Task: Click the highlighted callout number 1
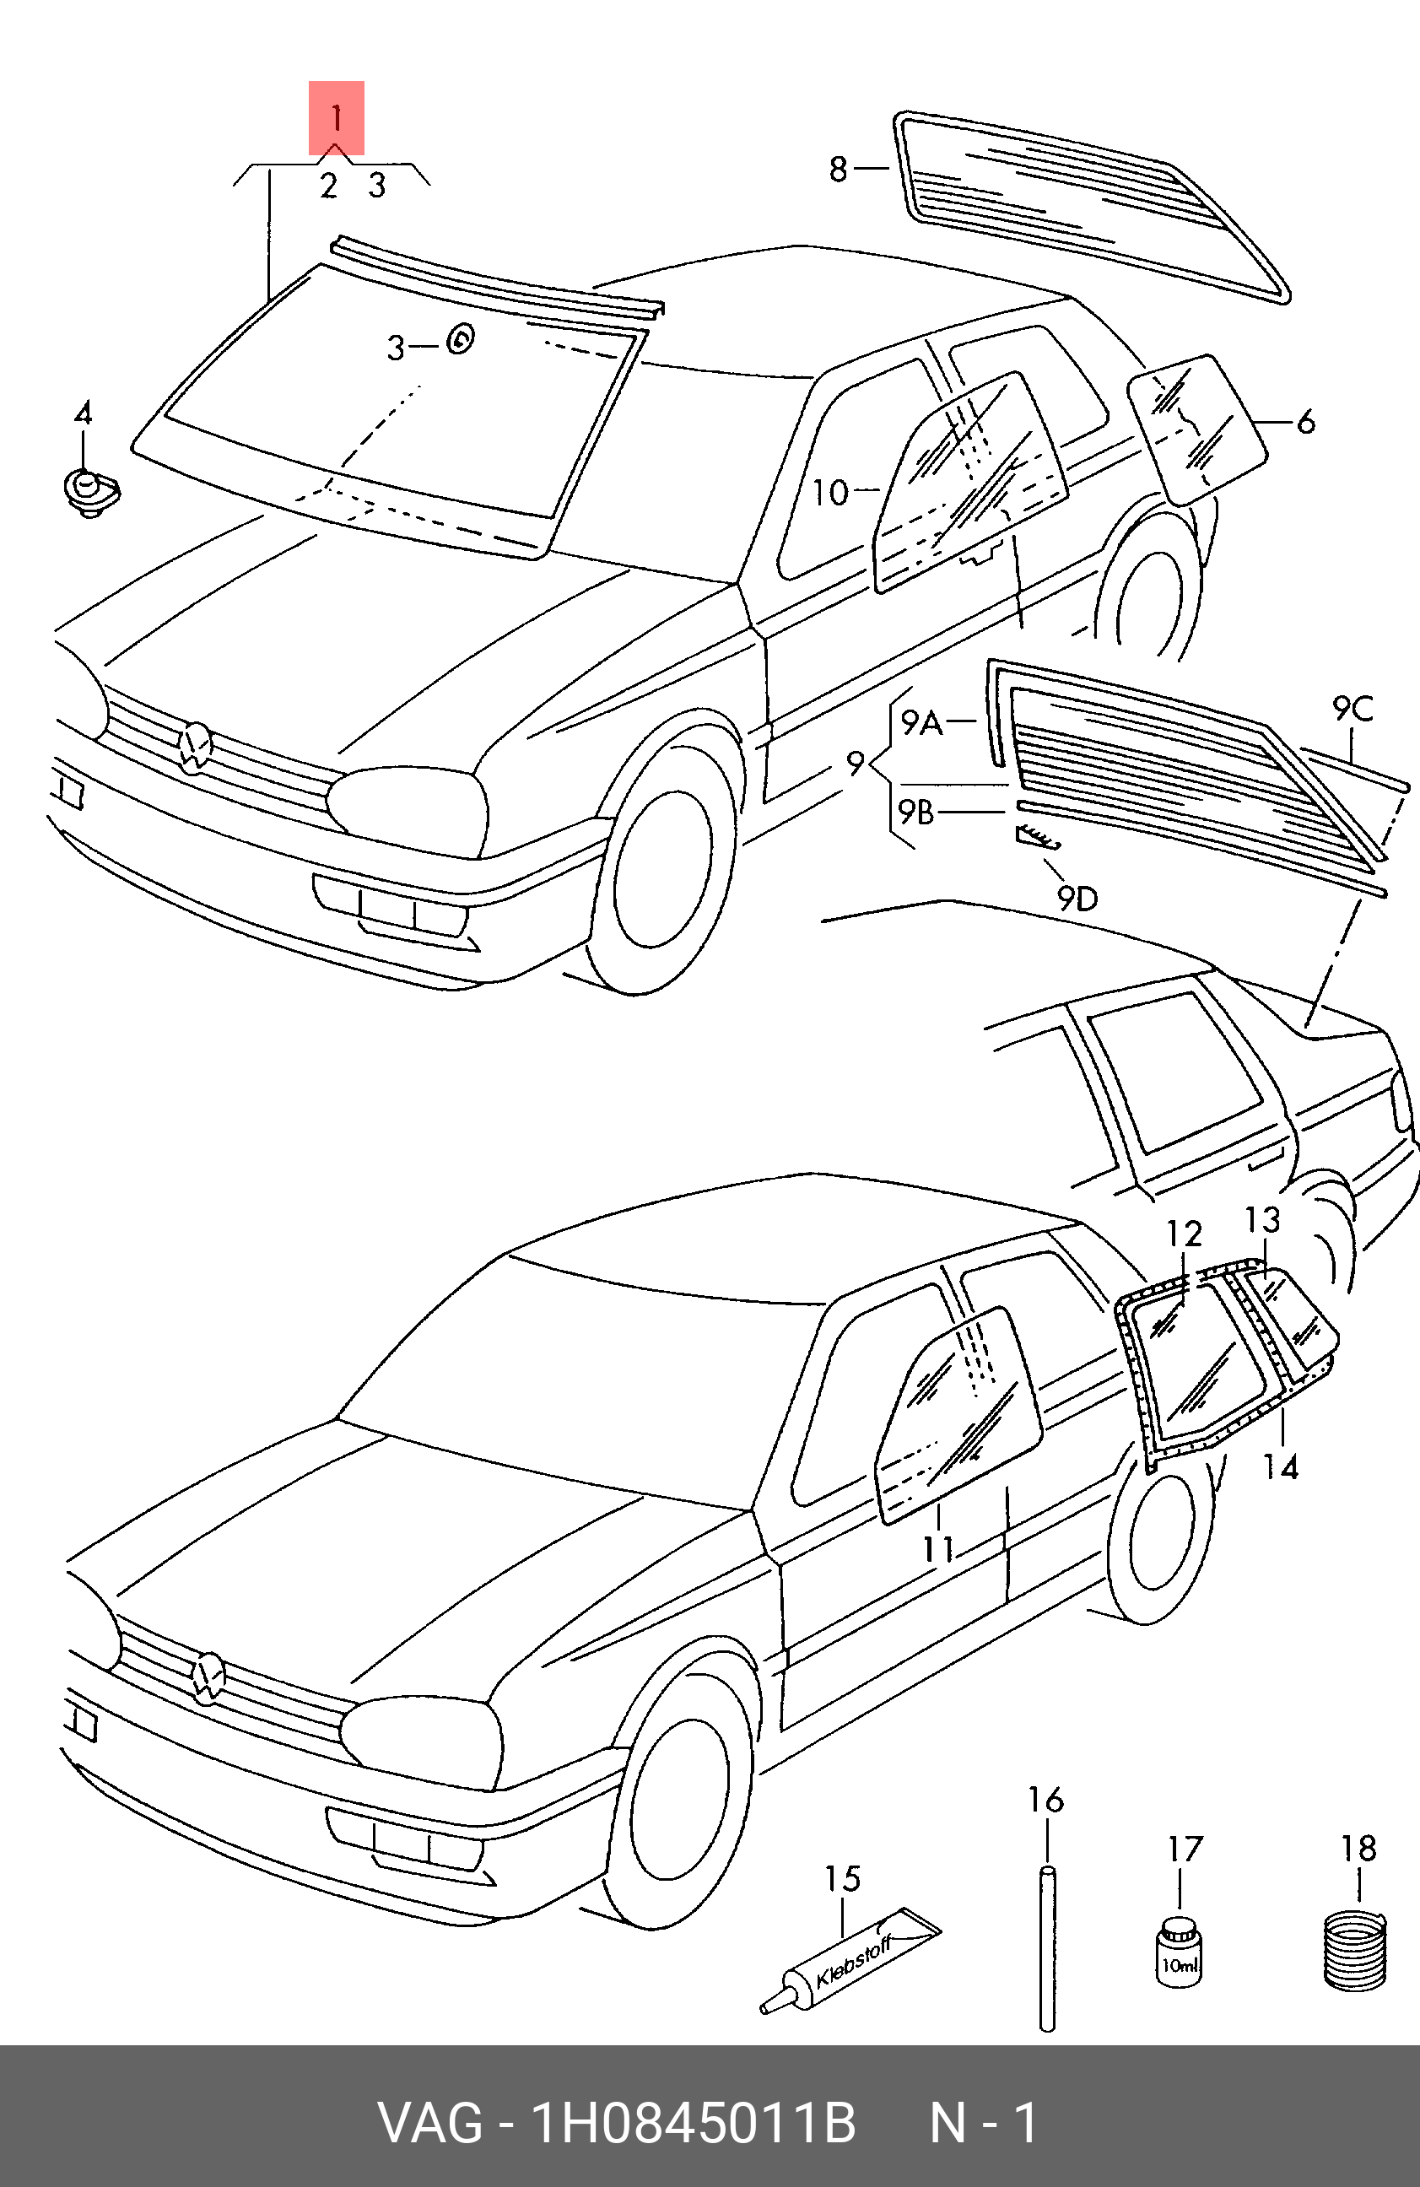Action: pos(336,117)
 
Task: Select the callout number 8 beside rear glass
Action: pos(837,169)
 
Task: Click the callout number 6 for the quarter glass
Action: pos(1306,422)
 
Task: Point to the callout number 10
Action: pos(830,493)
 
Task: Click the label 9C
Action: pos(1353,709)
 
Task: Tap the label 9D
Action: pos(1077,898)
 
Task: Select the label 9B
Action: pos(916,813)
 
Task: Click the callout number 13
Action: pos(1263,1220)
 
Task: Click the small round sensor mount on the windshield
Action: pos(461,340)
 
